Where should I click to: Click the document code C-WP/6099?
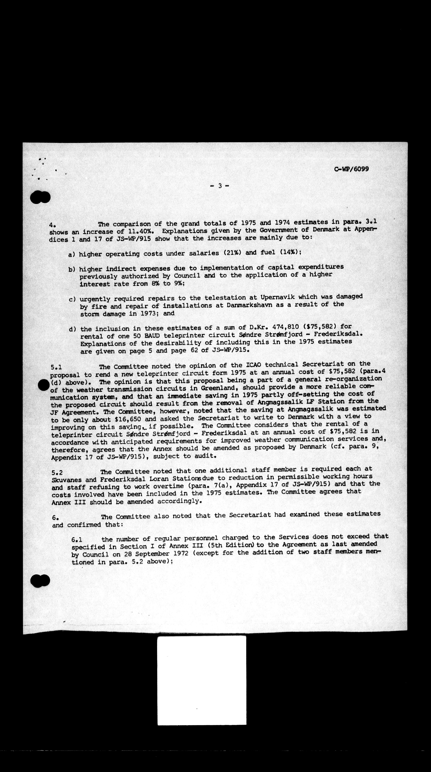pos(351,169)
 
